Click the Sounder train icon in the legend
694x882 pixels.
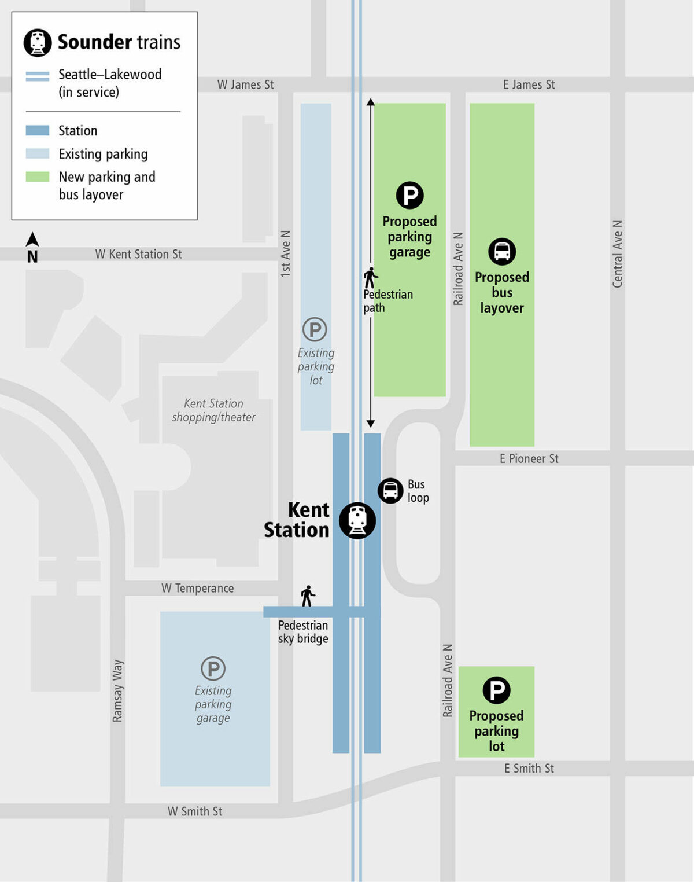coord(38,43)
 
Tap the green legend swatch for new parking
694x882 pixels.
coord(38,177)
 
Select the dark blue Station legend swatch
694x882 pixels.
coord(38,131)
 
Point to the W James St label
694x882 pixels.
coord(245,84)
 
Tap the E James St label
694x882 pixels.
coord(529,84)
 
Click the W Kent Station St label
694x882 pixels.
coord(138,254)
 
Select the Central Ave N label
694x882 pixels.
coord(617,253)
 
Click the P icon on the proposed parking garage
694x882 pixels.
coord(409,195)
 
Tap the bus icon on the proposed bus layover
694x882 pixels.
coord(502,252)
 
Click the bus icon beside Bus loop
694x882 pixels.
coord(390,491)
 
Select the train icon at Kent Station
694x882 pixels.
coord(357,520)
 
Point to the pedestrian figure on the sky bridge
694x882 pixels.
coord(308,596)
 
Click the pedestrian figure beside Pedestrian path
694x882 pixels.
coord(370,278)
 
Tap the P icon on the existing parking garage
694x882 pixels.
coord(213,668)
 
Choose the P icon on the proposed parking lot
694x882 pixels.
coord(496,690)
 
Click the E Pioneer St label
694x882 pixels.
coord(529,458)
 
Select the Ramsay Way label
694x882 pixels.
coord(117,690)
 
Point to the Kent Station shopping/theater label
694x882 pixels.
coord(213,410)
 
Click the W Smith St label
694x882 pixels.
coord(195,811)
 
